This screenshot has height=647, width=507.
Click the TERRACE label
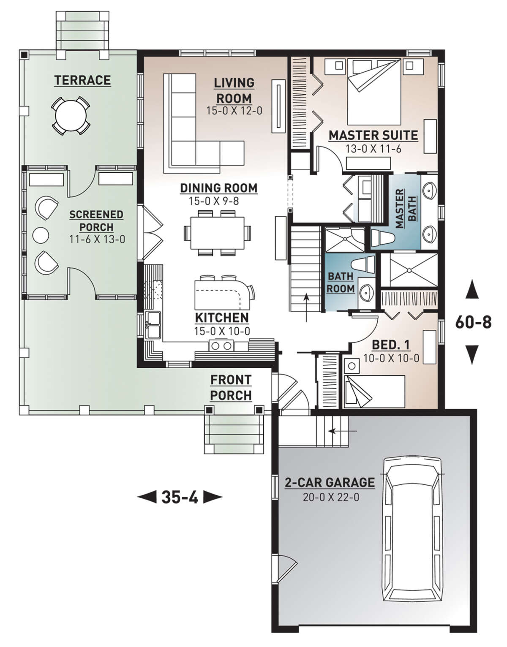(x=82, y=80)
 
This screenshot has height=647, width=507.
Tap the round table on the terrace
(x=70, y=115)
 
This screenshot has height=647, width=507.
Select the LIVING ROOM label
(x=234, y=90)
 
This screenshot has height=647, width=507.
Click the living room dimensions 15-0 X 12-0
(x=234, y=111)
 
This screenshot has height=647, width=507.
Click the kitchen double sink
(x=153, y=325)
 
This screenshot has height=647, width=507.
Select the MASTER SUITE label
(x=373, y=136)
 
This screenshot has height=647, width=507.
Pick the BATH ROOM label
(x=341, y=283)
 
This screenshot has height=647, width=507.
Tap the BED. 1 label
(x=390, y=345)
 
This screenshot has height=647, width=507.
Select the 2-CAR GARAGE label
(x=330, y=482)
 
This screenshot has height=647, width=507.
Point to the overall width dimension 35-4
(x=180, y=497)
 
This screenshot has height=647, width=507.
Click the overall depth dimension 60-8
(x=473, y=323)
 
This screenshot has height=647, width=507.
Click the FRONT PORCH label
(x=231, y=388)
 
